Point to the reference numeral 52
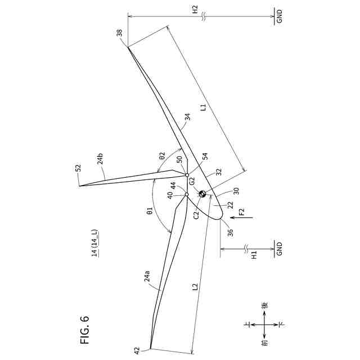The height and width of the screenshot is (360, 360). click(78, 168)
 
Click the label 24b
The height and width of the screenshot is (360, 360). click(100, 159)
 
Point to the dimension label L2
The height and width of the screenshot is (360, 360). click(195, 287)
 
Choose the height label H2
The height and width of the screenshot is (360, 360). click(195, 10)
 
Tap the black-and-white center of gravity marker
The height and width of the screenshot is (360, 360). click(203, 194)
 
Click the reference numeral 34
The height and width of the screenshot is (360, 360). click(188, 117)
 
